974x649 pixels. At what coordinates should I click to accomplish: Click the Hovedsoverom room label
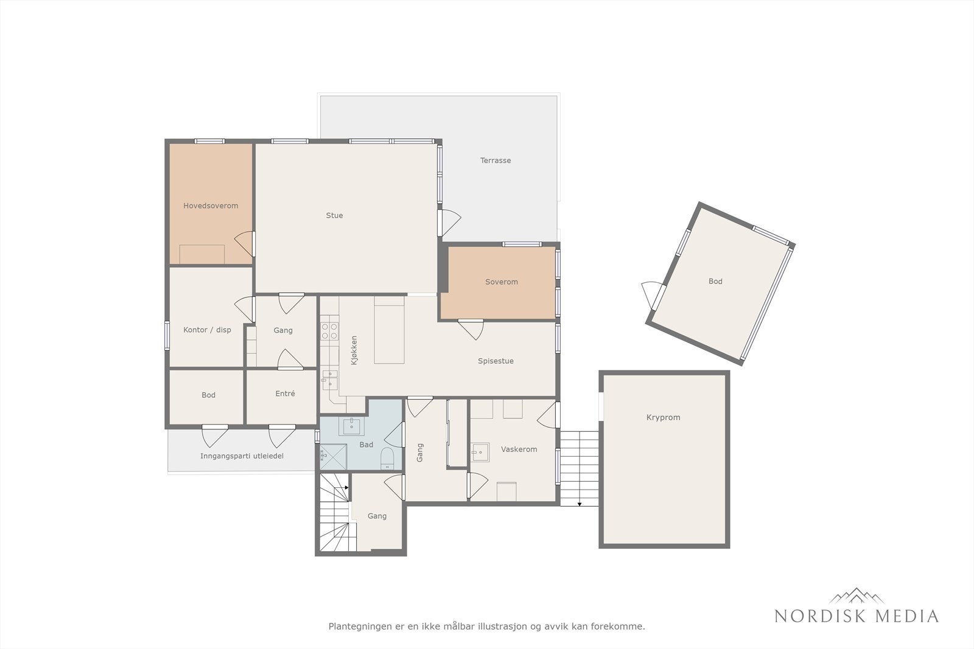pyautogui.click(x=211, y=206)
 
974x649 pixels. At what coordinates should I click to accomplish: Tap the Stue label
pyautogui.click(x=334, y=215)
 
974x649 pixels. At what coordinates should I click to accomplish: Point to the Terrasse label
pyautogui.click(x=496, y=161)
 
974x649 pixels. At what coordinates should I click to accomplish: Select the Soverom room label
pyautogui.click(x=502, y=282)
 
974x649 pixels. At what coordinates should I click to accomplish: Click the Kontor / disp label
pyautogui.click(x=207, y=330)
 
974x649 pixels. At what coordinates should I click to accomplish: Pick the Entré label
pyautogui.click(x=285, y=393)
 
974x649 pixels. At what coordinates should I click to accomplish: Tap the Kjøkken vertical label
pyautogui.click(x=354, y=350)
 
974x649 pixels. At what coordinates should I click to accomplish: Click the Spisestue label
pyautogui.click(x=496, y=361)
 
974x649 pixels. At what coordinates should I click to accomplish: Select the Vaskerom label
pyautogui.click(x=519, y=449)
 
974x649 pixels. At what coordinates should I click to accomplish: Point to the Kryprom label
pyautogui.click(x=663, y=417)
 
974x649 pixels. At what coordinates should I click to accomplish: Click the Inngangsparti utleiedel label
pyautogui.click(x=242, y=456)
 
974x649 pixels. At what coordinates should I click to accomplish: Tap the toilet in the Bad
pyautogui.click(x=387, y=459)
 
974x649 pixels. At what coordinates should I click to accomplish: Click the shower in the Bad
pyautogui.click(x=334, y=456)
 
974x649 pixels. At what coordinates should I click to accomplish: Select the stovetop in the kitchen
pyautogui.click(x=329, y=331)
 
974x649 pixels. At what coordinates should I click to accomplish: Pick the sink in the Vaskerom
pyautogui.click(x=480, y=452)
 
